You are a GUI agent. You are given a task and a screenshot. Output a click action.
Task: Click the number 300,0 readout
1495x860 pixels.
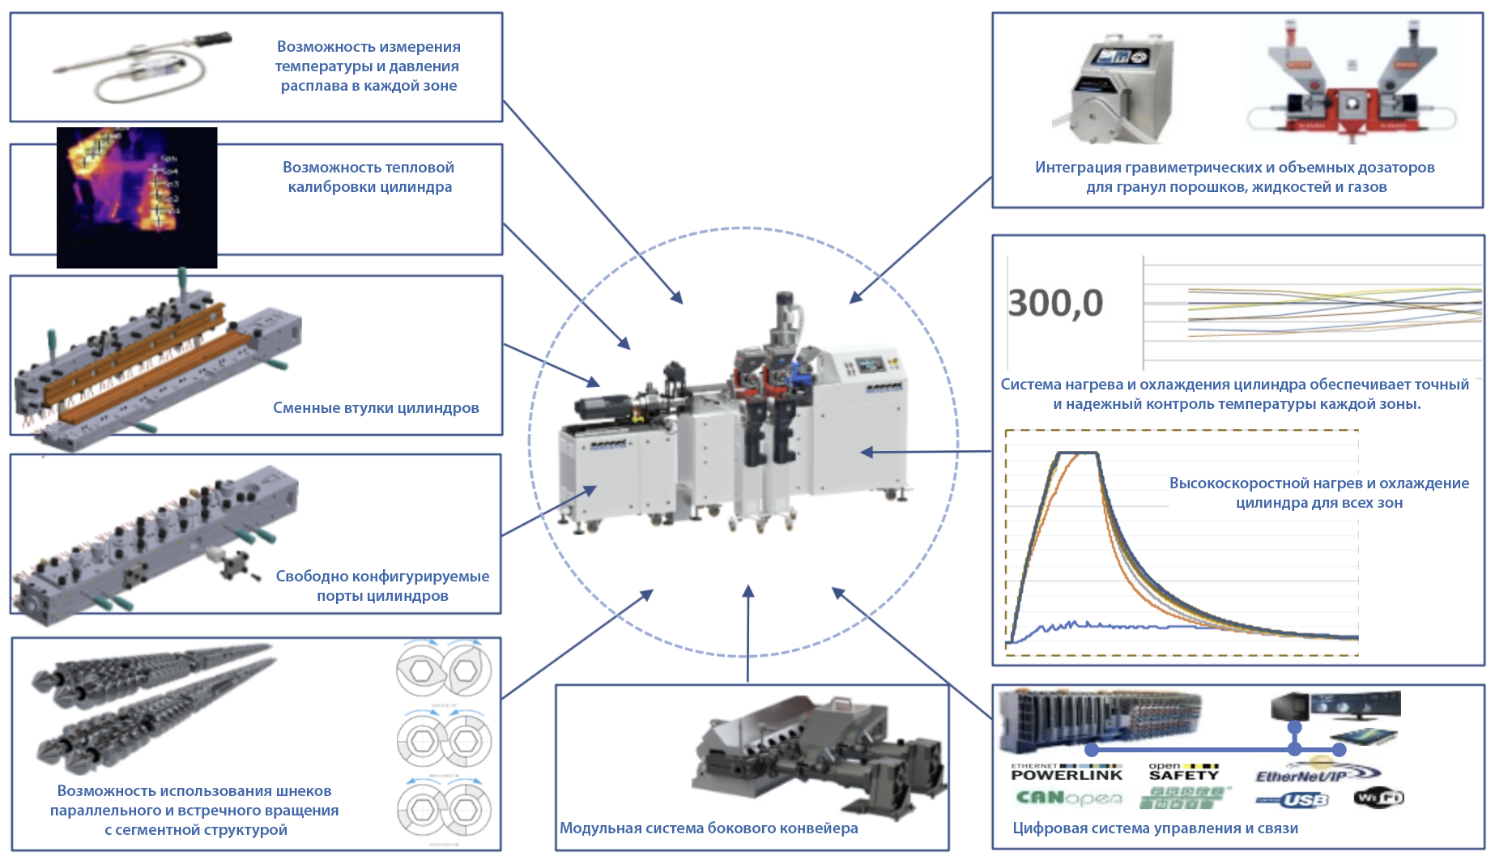click(x=1055, y=304)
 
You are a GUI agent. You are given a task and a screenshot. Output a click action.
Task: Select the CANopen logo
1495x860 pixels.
click(x=1069, y=798)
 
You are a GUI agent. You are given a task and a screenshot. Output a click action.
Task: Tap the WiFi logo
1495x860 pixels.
click(x=1378, y=798)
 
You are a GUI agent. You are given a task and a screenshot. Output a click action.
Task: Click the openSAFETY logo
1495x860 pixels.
click(x=1183, y=772)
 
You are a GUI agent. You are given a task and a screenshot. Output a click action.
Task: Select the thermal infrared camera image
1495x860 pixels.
click(x=137, y=197)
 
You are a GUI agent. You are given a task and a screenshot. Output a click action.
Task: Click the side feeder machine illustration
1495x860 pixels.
click(x=818, y=754)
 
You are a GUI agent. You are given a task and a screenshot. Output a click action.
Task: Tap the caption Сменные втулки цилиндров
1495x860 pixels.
click(x=376, y=407)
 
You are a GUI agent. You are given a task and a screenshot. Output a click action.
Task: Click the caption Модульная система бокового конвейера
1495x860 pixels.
click(x=709, y=828)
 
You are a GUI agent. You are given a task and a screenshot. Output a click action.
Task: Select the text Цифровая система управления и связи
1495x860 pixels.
click(x=1155, y=828)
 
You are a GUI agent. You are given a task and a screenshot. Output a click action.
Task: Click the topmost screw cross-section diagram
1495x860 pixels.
click(x=444, y=670)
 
